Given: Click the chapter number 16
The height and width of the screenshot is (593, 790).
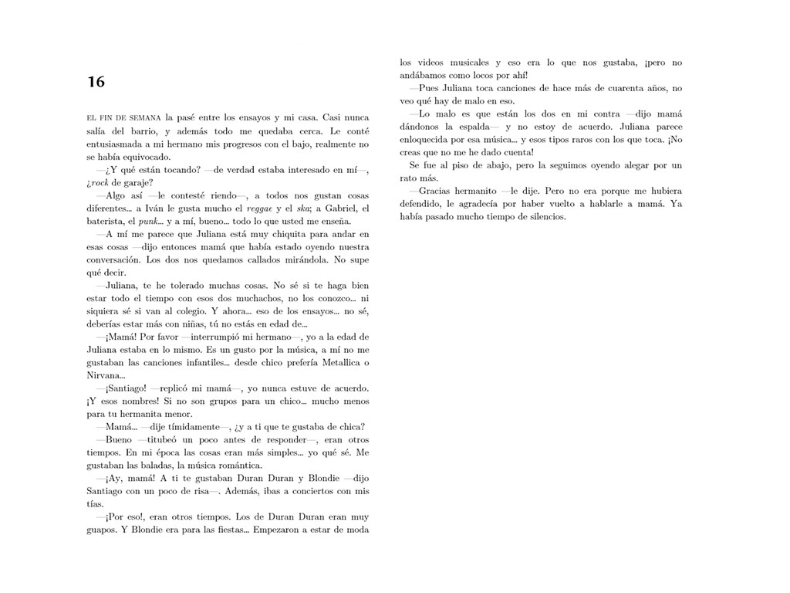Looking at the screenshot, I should coord(96,82).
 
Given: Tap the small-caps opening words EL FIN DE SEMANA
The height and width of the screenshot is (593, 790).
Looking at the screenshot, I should coord(123,117).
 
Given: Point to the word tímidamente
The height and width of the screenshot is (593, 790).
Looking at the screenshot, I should coord(181,428).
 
